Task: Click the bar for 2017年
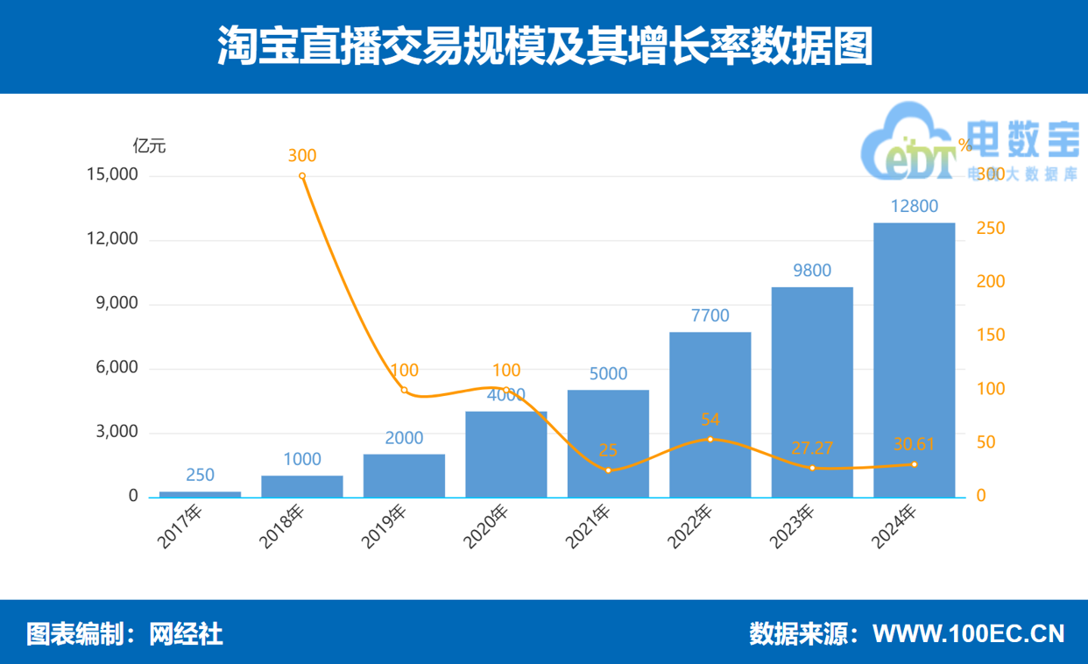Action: [x=200, y=494]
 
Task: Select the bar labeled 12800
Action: [x=915, y=359]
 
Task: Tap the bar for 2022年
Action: [x=710, y=413]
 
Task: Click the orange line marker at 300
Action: [x=302, y=176]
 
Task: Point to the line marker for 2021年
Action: [x=608, y=470]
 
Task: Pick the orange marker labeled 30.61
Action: [x=915, y=464]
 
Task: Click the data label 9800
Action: [x=812, y=271]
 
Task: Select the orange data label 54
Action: [x=710, y=420]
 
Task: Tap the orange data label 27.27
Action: [x=812, y=449]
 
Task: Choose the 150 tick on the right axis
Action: [x=991, y=336]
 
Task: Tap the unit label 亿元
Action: [x=149, y=146]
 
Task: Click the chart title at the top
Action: [x=544, y=46]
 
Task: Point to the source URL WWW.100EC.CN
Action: [x=969, y=633]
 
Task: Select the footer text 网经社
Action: [x=187, y=633]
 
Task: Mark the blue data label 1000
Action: [x=302, y=459]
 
